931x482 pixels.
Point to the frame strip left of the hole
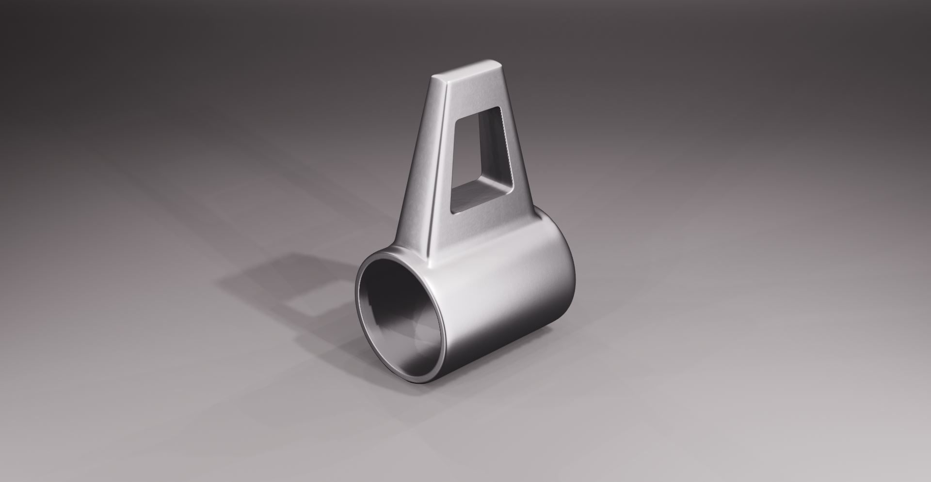click(x=446, y=160)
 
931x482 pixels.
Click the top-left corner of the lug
click(x=433, y=77)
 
